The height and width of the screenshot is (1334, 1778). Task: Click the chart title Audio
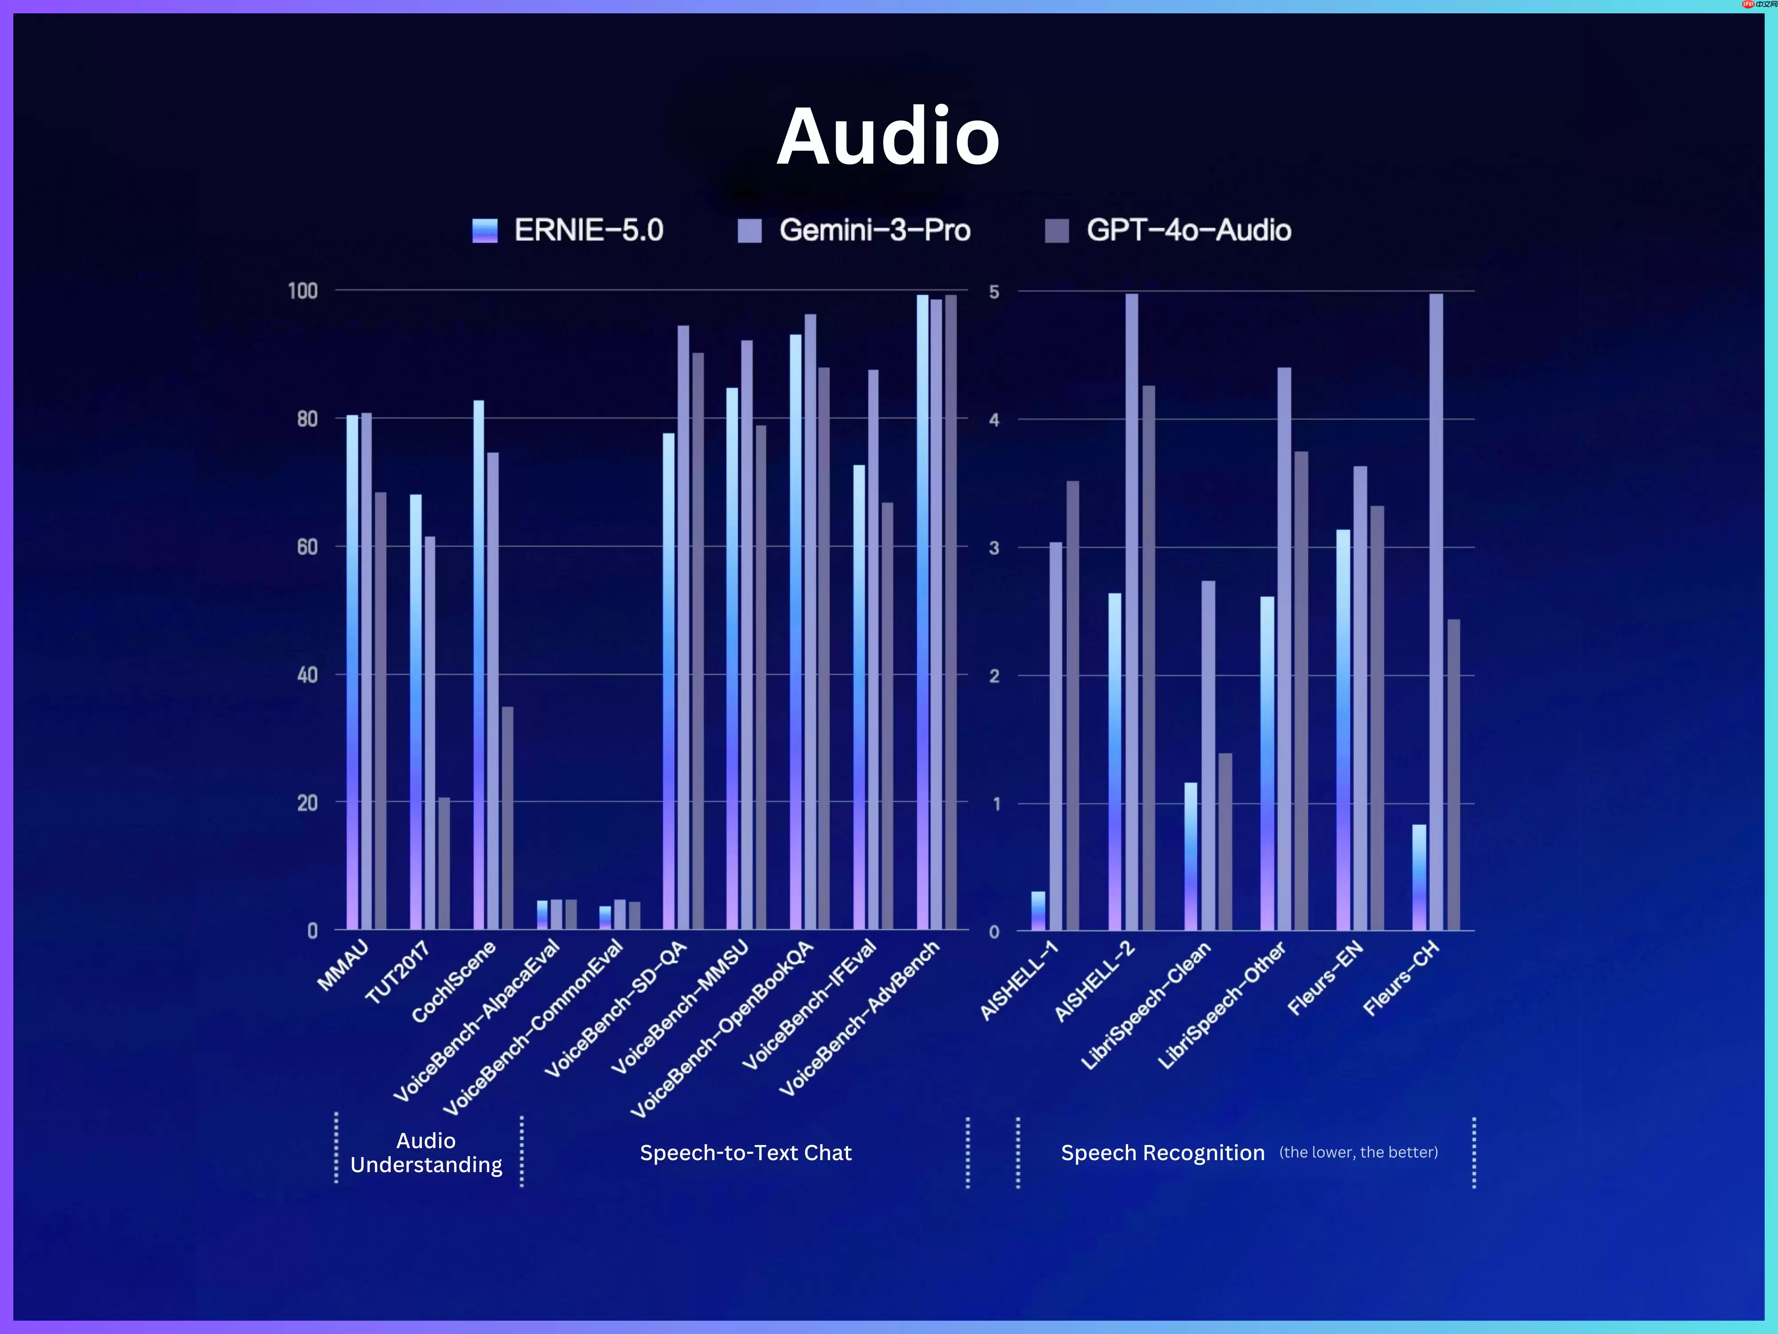point(888,137)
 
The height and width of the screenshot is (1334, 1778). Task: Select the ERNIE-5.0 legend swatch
point(485,231)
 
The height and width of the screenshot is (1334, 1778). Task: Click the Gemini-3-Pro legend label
point(874,231)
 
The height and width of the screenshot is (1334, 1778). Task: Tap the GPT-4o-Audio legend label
point(1188,231)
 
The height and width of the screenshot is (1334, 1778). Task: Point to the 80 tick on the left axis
point(307,419)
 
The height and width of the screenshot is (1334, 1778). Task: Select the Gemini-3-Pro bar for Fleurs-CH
point(1436,611)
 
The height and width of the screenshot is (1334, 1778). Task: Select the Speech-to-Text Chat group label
point(745,1152)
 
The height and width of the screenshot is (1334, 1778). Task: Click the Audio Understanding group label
point(426,1152)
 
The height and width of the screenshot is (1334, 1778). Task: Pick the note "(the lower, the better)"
point(1358,1152)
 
